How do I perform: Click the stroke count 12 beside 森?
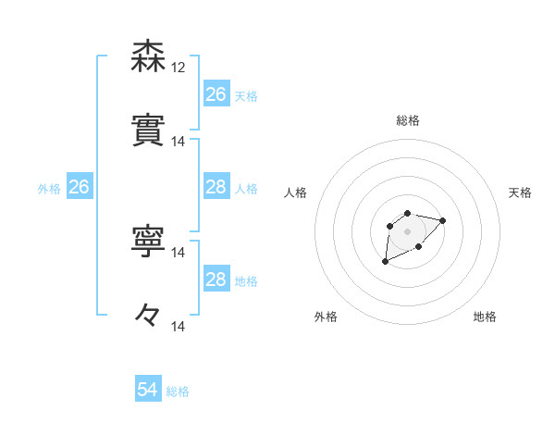[x=179, y=68]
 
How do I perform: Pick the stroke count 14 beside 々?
[x=179, y=326]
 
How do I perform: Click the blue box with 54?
[x=148, y=391]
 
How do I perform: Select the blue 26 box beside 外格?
[x=80, y=188]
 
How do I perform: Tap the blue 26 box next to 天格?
[x=216, y=94]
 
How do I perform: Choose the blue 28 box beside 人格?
[x=216, y=187]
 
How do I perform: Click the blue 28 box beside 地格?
[x=216, y=280]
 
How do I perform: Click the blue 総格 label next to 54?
[x=178, y=391]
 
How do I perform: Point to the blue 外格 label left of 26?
[x=49, y=189]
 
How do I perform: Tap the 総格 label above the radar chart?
[x=408, y=120]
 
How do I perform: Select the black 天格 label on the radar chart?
[x=521, y=193]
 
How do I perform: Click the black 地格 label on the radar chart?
[x=485, y=317]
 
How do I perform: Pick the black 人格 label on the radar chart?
[x=296, y=193]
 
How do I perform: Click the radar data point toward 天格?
[x=442, y=220]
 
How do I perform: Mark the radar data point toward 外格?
[x=386, y=262]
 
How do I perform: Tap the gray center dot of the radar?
[x=407, y=231]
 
